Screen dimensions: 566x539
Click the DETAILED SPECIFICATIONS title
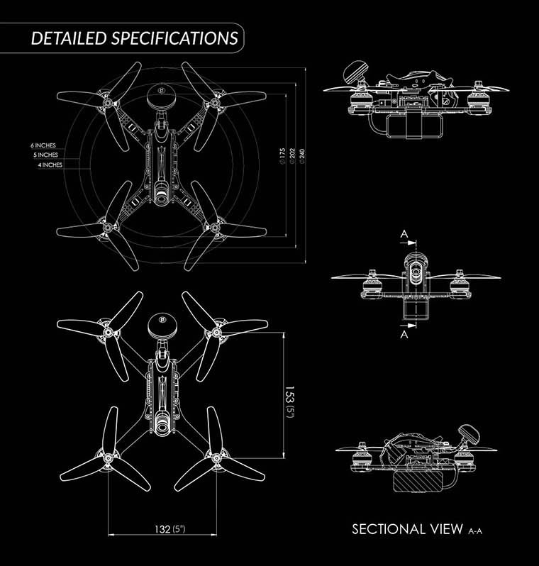[134, 38]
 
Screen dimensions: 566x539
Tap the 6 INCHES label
[44, 145]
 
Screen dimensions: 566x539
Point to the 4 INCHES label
[50, 165]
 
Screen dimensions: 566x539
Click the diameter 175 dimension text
[282, 157]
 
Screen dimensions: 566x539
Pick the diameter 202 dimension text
[293, 157]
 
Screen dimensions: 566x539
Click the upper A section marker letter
[403, 233]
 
